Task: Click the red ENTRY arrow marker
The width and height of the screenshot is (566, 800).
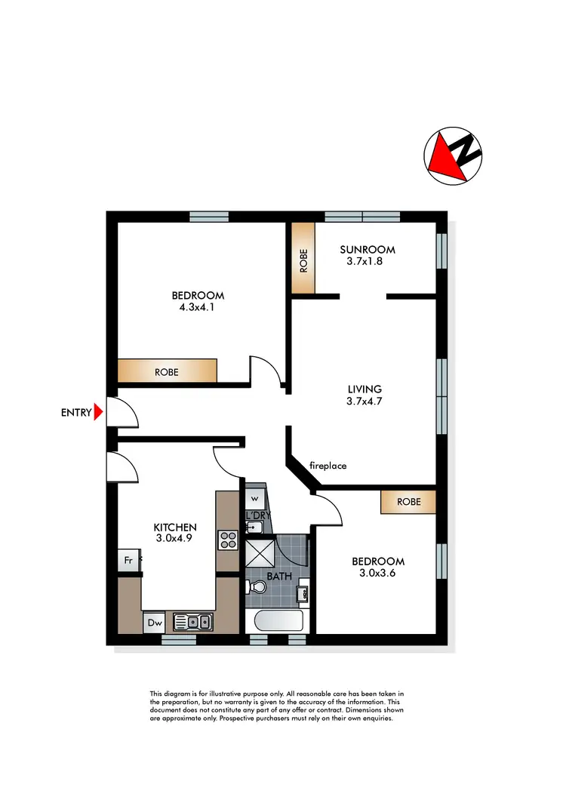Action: click(x=98, y=412)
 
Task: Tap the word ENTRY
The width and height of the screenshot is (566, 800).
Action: click(x=75, y=413)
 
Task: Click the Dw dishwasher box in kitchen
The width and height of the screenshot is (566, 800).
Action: click(x=154, y=623)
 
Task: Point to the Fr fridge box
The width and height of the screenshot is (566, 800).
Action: click(x=129, y=562)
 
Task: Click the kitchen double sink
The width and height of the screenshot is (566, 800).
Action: click(x=192, y=622)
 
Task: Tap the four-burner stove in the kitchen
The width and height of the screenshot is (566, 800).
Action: click(x=228, y=540)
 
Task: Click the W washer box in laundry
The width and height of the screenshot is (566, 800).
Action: click(x=254, y=499)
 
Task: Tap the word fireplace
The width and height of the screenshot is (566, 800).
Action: click(x=328, y=466)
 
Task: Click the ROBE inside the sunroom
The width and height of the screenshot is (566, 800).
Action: click(x=303, y=259)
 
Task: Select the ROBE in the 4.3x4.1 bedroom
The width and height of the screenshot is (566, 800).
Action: click(x=168, y=371)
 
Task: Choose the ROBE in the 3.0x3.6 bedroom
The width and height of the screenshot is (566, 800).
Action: click(x=408, y=502)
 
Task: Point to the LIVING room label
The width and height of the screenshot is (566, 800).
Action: click(x=366, y=390)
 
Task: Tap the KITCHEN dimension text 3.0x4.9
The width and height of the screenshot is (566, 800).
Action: click(x=175, y=539)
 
